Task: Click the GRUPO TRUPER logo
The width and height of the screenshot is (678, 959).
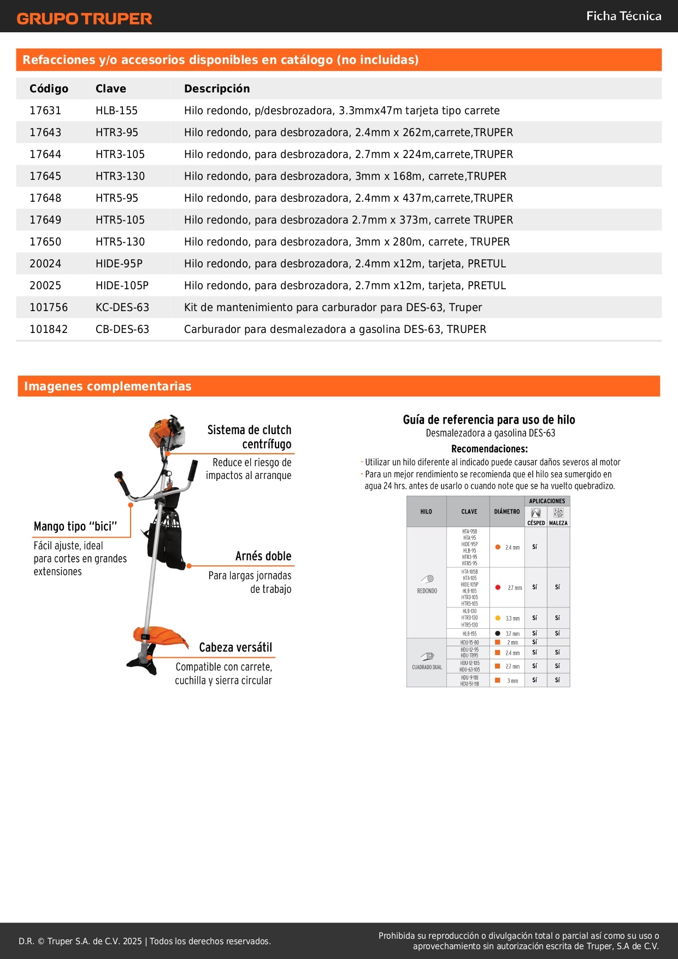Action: [84, 19]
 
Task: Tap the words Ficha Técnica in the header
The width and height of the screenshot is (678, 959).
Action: [623, 16]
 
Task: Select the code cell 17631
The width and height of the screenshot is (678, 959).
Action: [45, 110]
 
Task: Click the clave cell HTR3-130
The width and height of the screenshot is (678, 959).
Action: [120, 176]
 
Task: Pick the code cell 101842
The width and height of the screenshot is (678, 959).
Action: [49, 329]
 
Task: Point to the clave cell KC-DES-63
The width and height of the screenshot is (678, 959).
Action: [122, 307]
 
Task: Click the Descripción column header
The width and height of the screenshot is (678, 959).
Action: [217, 89]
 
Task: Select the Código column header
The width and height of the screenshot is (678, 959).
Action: [49, 89]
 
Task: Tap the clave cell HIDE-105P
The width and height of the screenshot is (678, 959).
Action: [122, 285]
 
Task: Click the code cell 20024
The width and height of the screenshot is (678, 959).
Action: [45, 264]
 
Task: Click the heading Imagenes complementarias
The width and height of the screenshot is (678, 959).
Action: [108, 386]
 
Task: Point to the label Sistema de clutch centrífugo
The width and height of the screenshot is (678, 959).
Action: [250, 437]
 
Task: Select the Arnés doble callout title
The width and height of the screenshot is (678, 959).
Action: [263, 556]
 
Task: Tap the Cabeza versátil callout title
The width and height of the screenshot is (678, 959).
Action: [235, 647]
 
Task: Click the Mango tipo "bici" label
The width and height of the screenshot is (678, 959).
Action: [75, 527]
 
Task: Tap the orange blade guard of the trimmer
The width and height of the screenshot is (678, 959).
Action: [161, 636]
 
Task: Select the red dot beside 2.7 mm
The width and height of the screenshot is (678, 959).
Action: [498, 587]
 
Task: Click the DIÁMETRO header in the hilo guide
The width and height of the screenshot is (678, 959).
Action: [507, 512]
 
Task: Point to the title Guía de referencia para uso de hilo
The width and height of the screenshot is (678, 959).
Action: [489, 420]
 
